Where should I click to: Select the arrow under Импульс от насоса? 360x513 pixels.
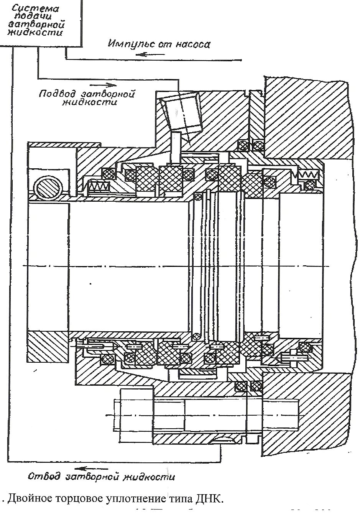click(158, 54)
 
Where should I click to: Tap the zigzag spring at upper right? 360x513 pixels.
click(308, 175)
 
